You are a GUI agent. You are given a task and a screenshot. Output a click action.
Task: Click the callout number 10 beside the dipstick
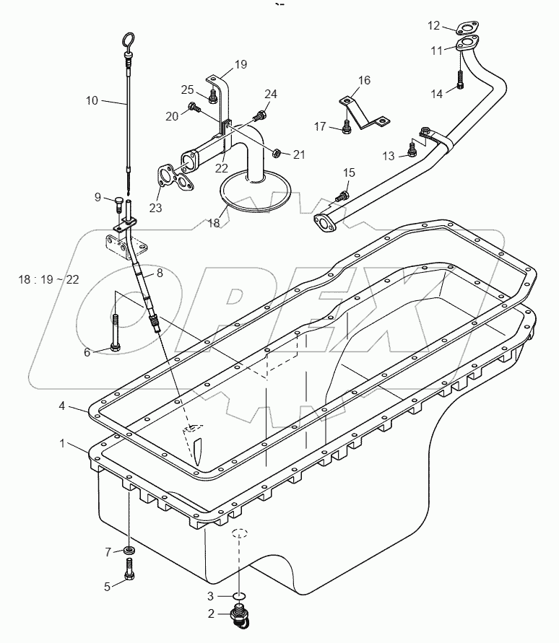tap(92, 100)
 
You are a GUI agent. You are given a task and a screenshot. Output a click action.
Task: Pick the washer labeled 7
tap(128, 553)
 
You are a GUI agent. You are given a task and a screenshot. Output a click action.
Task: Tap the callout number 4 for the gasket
tap(64, 407)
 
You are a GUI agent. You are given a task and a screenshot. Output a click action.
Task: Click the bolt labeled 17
tap(346, 128)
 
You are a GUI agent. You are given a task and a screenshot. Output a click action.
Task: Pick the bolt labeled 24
tap(260, 114)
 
